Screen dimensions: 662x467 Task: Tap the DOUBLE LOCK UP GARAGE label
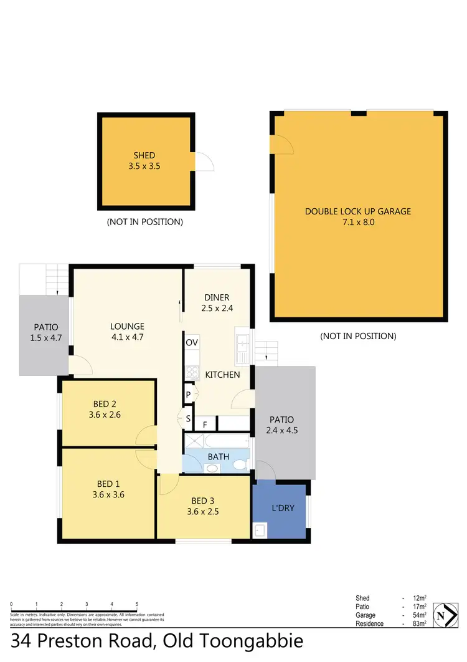[x=358, y=211]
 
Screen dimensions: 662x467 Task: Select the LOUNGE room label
[x=127, y=326]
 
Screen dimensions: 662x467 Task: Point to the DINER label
[x=217, y=297]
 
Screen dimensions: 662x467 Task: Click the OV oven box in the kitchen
[x=192, y=342]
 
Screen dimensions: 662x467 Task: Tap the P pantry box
[x=188, y=395]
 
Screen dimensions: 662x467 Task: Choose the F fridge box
[x=205, y=425]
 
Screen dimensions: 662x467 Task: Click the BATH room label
[x=218, y=457]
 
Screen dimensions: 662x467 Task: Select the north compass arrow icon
[x=443, y=615]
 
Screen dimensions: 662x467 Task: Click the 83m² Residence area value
[x=419, y=624]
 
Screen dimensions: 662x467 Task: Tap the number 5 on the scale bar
[x=136, y=605]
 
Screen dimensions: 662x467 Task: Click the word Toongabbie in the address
[x=255, y=642]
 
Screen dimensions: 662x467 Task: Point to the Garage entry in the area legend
[x=366, y=615]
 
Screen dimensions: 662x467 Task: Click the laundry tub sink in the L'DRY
[x=260, y=530]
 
